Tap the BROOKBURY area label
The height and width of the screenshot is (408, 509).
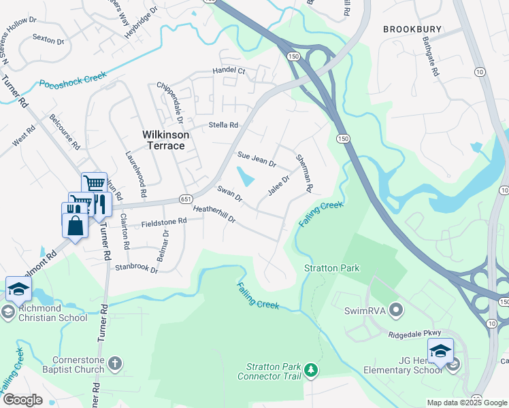click(412, 29)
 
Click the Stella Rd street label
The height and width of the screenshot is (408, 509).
click(224, 125)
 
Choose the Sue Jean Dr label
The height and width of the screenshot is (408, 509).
click(257, 160)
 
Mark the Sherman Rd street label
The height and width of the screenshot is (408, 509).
click(304, 172)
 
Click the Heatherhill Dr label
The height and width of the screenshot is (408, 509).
click(214, 215)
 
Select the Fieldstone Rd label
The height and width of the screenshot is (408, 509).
click(163, 222)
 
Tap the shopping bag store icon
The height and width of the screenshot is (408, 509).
click(76, 225)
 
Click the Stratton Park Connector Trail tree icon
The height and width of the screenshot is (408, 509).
click(311, 370)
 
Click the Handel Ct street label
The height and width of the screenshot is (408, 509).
click(229, 70)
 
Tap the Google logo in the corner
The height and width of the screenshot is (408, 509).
click(22, 400)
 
